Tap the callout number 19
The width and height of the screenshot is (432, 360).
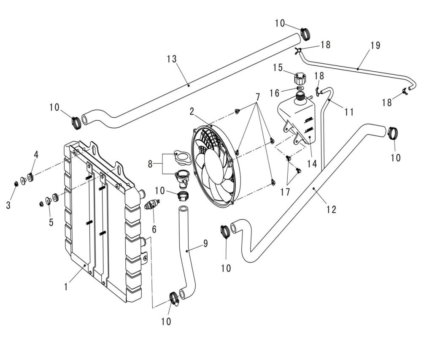pyautogui.click(x=375, y=45)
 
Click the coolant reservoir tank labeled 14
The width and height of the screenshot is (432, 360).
pyautogui.click(x=297, y=118)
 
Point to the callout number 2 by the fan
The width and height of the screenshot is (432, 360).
pyautogui.click(x=192, y=111)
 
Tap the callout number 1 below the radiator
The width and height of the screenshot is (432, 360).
pyautogui.click(x=66, y=287)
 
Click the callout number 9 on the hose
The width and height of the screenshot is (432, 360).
pyautogui.click(x=205, y=244)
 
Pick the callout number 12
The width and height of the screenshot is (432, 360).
pyautogui.click(x=332, y=208)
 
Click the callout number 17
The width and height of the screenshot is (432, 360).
pyautogui.click(x=285, y=192)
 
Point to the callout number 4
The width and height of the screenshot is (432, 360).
pyautogui.click(x=36, y=155)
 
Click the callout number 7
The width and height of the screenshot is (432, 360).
pyautogui.click(x=257, y=97)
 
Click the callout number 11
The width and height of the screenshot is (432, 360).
pyautogui.click(x=348, y=112)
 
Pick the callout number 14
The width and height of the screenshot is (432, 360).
pyautogui.click(x=312, y=164)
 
